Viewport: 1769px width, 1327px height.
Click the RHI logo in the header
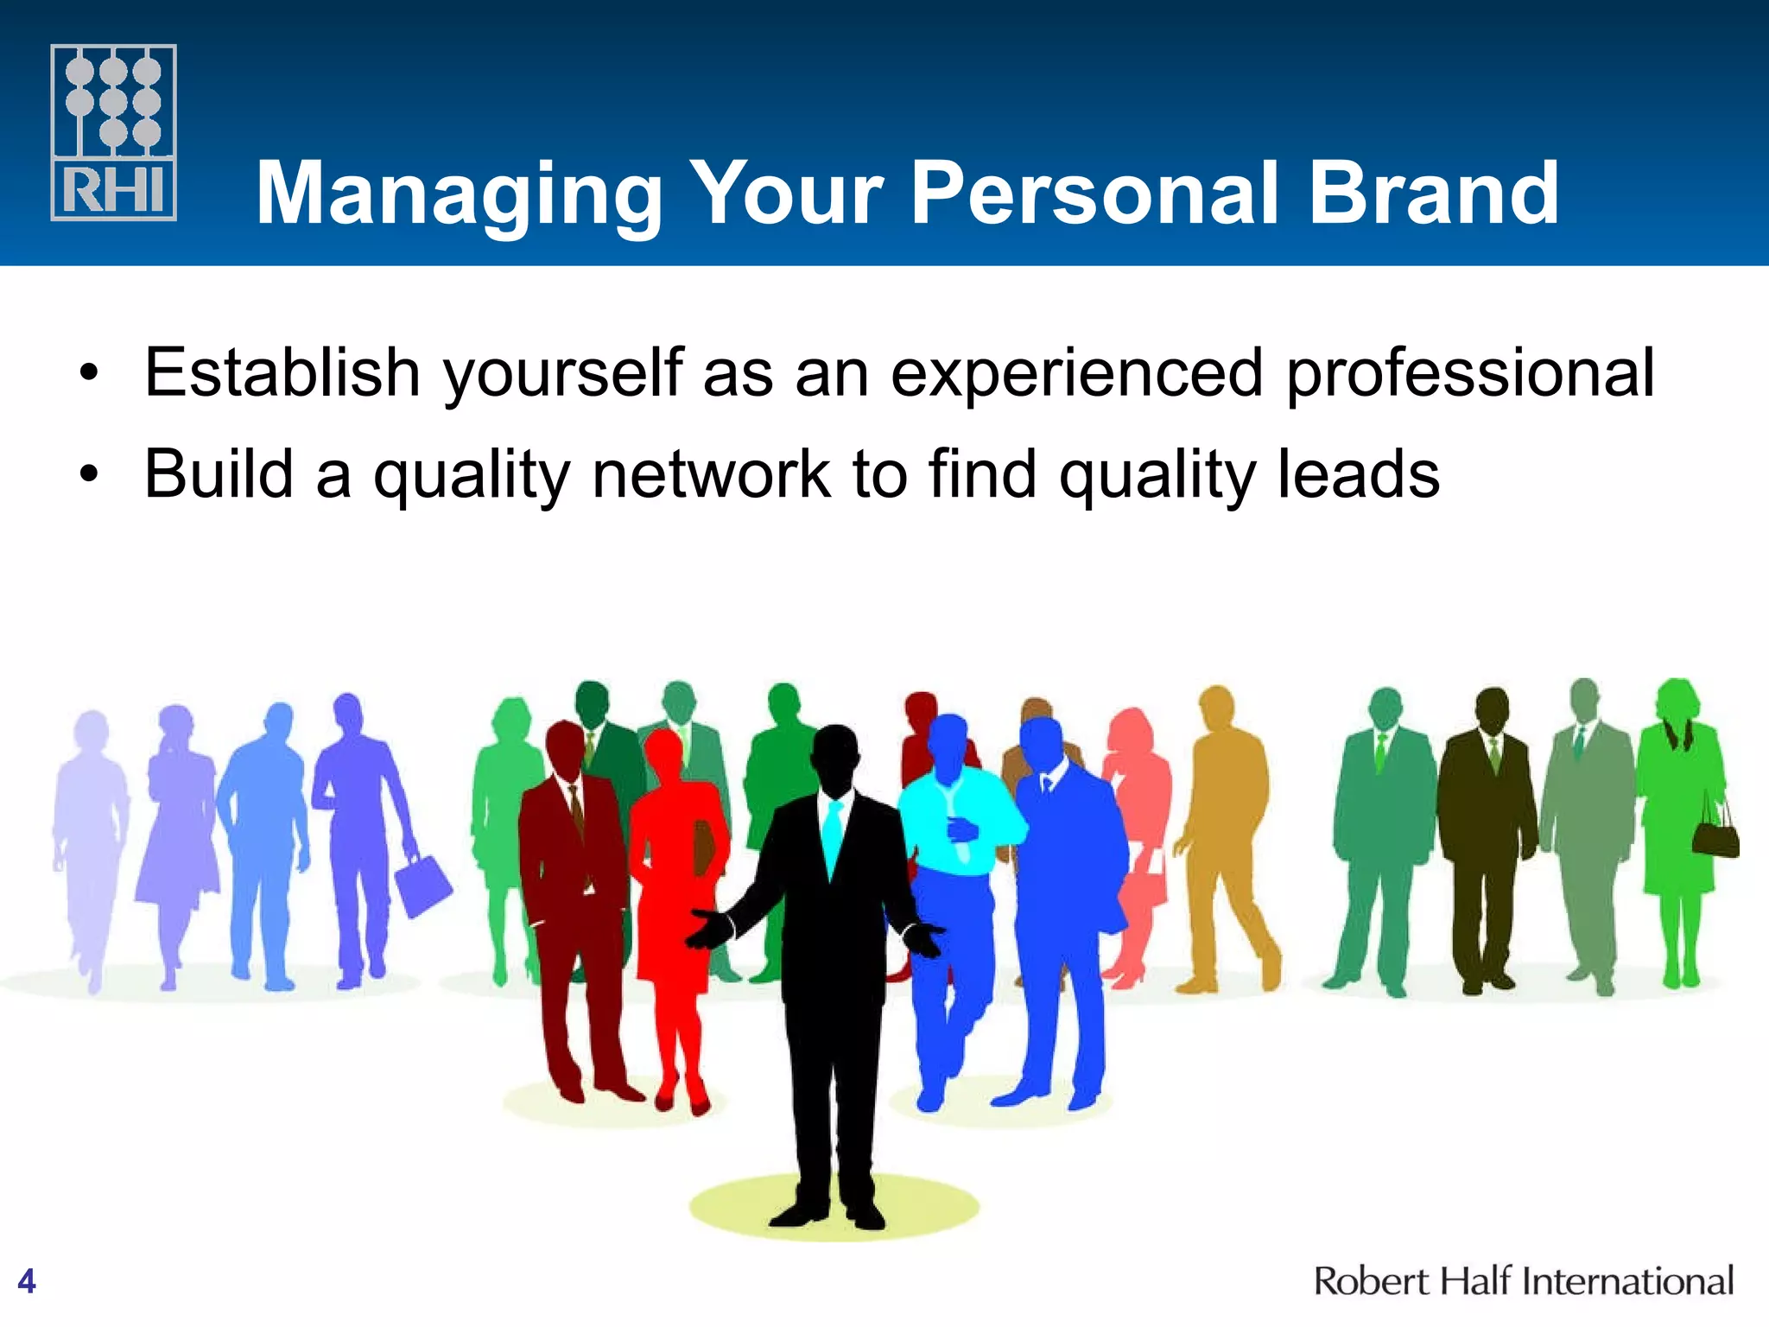(x=113, y=132)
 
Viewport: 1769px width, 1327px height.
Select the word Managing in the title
(x=459, y=194)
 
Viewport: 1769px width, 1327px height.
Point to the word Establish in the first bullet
(x=282, y=372)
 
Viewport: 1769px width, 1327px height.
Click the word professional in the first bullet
(x=1470, y=374)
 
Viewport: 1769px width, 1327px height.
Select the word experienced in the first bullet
(x=1077, y=374)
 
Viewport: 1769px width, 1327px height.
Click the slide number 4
(x=27, y=1280)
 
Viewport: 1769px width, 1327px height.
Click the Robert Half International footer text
(x=1523, y=1280)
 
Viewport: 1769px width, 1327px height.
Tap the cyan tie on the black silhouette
(x=832, y=834)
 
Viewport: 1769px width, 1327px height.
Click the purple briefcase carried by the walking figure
(x=422, y=885)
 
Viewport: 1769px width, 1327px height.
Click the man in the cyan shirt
(x=954, y=829)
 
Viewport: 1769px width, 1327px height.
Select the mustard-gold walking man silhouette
(x=1227, y=829)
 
